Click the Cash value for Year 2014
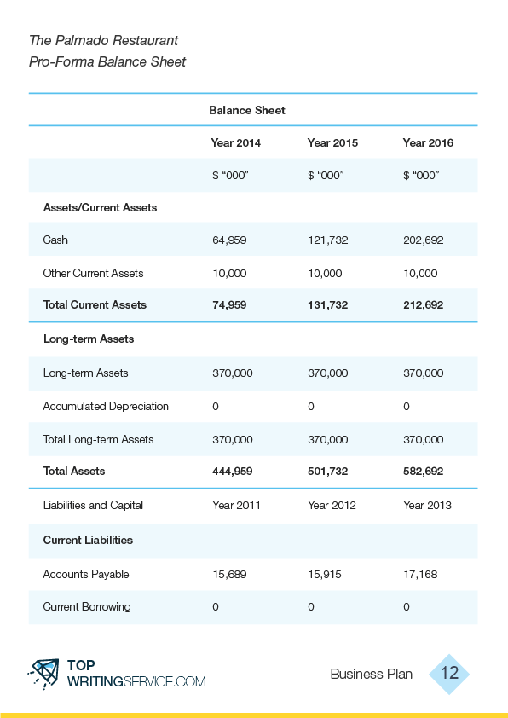click(229, 240)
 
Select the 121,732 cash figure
click(327, 240)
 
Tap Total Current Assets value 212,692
click(423, 305)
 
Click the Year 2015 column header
click(332, 143)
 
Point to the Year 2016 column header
click(428, 143)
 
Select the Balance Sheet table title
click(247, 110)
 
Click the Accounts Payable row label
click(86, 574)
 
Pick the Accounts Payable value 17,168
click(420, 574)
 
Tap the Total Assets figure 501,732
click(327, 472)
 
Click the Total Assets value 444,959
click(232, 472)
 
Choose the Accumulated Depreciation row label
click(106, 406)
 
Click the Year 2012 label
click(332, 505)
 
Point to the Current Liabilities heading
click(88, 540)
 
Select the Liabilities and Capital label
click(93, 505)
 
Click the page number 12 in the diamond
click(449, 673)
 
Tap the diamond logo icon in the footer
click(44, 674)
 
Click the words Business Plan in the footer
click(371, 674)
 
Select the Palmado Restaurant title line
click(103, 40)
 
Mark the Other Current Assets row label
click(94, 274)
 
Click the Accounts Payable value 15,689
click(229, 574)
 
